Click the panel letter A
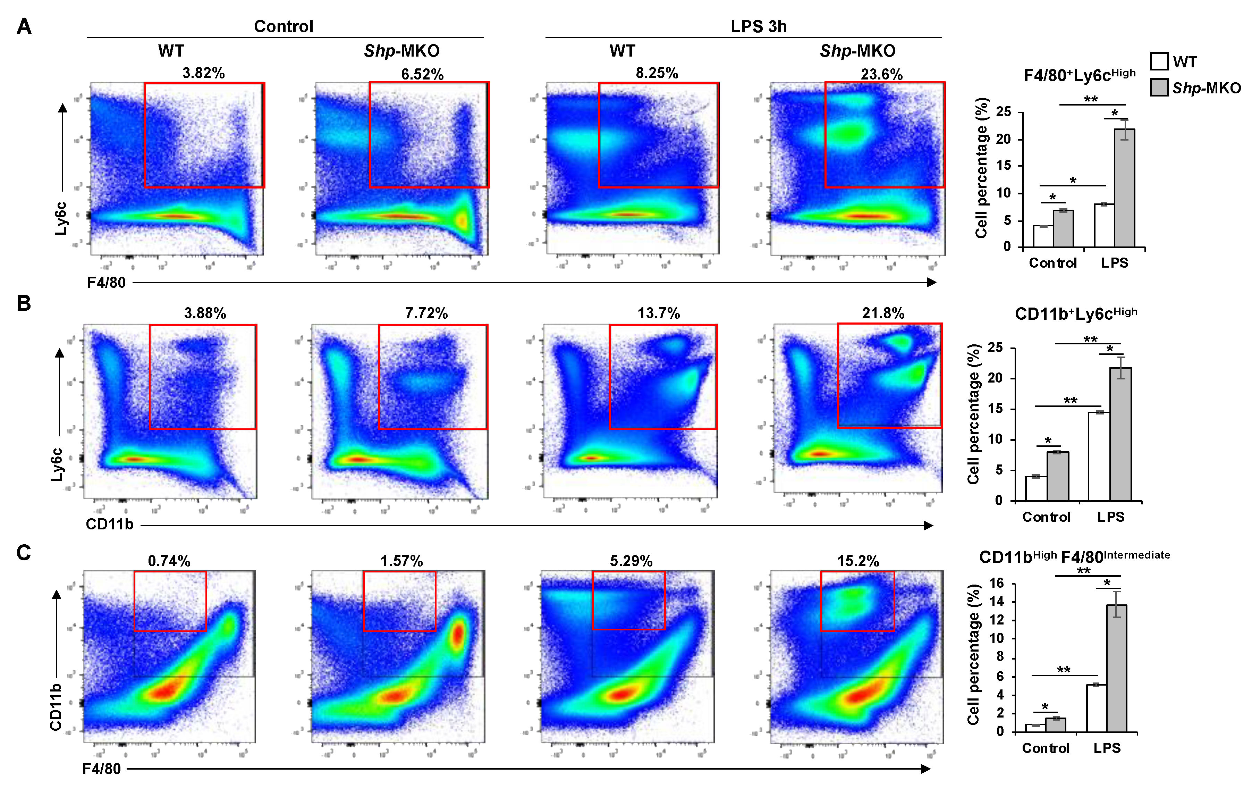(24, 26)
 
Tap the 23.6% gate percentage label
(881, 74)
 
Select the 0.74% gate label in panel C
(169, 561)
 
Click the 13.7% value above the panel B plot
(658, 313)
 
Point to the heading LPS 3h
(758, 26)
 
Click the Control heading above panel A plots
(284, 26)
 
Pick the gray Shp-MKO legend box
(1159, 87)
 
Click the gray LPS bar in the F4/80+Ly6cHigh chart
(1124, 187)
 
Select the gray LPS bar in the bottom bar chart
(1116, 668)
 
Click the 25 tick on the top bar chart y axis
(1004, 111)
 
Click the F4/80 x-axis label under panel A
(106, 283)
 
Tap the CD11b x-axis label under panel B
(109, 524)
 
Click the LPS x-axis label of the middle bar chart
(1110, 517)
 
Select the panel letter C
(24, 552)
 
